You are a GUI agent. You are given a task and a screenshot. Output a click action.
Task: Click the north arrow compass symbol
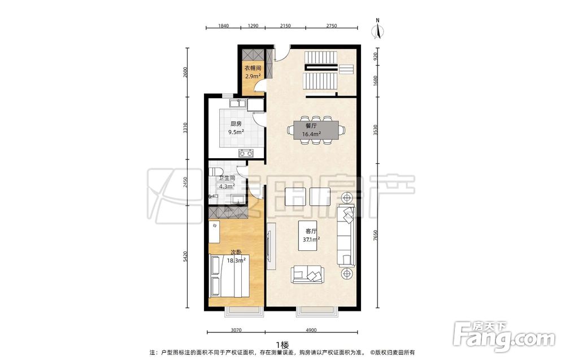(378, 28)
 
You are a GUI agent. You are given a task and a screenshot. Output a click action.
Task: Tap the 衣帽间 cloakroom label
(253, 68)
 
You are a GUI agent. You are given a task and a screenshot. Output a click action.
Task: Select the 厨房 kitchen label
(236, 124)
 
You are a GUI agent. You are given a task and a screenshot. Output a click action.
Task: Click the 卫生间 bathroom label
(227, 178)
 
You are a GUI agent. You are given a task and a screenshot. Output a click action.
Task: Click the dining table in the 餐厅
(316, 130)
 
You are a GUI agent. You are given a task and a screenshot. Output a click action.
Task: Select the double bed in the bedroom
(229, 275)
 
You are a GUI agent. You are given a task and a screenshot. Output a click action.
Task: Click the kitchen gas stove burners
(246, 153)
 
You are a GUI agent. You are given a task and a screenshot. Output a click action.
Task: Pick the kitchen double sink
(238, 103)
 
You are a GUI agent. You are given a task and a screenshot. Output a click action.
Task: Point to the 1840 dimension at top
(223, 25)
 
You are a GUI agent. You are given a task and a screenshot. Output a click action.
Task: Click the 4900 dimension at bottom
(311, 330)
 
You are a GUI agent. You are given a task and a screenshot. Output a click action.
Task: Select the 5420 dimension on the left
(185, 256)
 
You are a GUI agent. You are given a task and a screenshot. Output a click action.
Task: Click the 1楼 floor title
(282, 345)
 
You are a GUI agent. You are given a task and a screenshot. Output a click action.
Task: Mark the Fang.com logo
(505, 337)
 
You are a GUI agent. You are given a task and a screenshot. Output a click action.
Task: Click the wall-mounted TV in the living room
(269, 246)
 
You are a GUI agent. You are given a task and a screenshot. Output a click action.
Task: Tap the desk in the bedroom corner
(214, 232)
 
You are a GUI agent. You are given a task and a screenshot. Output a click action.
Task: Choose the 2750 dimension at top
(332, 25)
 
